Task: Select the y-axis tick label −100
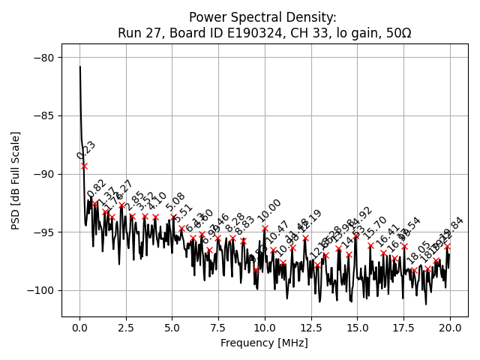point(41,290)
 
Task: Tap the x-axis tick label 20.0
point(450,328)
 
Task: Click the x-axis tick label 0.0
point(79,328)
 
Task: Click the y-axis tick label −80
point(43,58)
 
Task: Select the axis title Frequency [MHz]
point(264,343)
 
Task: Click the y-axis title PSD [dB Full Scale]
point(16,180)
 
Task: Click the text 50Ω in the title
point(397,33)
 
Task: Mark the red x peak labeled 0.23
point(84,166)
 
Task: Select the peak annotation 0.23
point(86,151)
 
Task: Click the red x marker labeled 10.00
point(265,228)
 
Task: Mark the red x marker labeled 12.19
point(305,238)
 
